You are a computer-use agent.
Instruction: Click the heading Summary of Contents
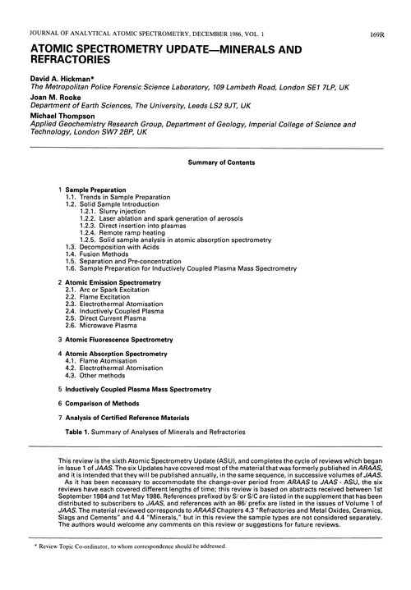(x=205, y=162)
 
